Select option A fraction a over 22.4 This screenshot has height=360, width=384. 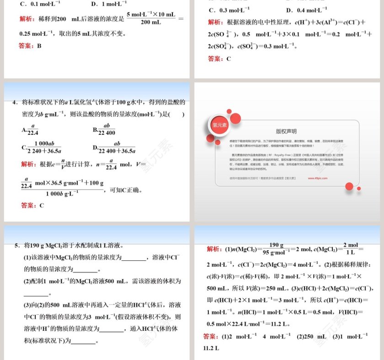[x=30, y=130]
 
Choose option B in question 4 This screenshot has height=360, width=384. [x=105, y=130]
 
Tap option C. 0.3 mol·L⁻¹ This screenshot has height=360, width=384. [x=229, y=10]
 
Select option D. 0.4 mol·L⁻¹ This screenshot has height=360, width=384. [x=306, y=10]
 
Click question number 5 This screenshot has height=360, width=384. [x=16, y=245]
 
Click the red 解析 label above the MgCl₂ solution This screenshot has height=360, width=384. [x=214, y=249]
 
